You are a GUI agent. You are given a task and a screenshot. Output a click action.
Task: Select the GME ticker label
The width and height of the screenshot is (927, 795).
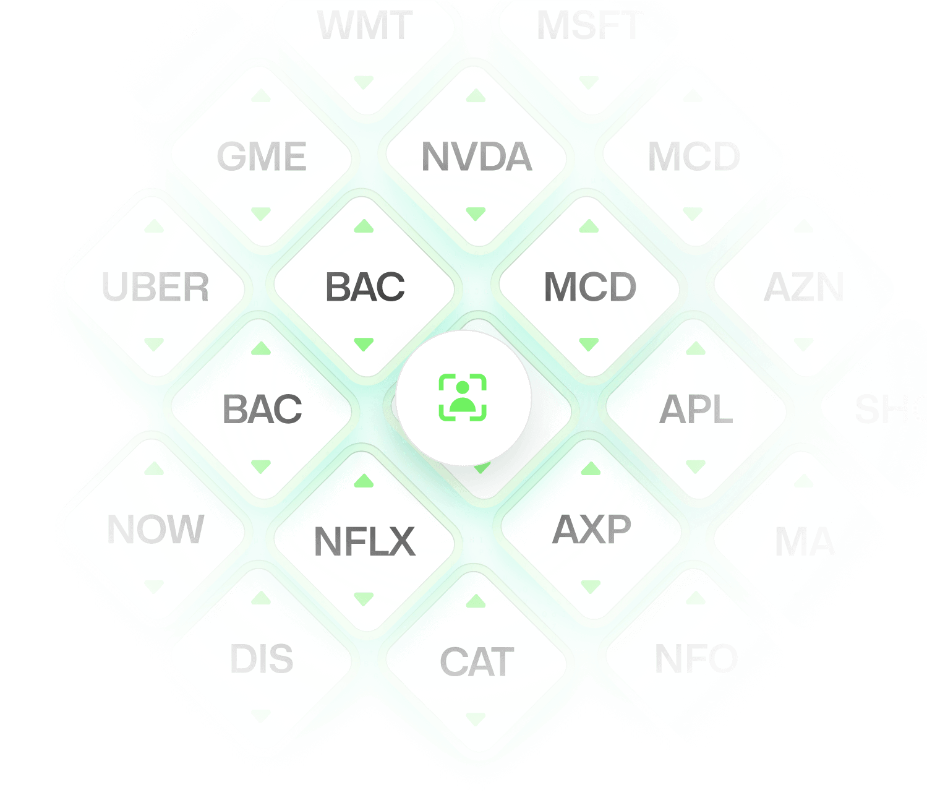click(262, 157)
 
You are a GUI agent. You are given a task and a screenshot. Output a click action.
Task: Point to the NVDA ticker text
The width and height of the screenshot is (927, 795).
click(476, 157)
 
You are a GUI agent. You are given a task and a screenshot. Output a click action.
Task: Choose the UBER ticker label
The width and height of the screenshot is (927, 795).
click(155, 288)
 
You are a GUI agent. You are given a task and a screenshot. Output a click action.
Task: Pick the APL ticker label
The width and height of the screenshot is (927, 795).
click(696, 410)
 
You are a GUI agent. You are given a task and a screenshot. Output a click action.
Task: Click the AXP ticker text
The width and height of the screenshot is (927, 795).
click(592, 530)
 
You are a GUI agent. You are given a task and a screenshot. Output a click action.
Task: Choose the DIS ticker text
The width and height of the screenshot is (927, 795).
click(262, 659)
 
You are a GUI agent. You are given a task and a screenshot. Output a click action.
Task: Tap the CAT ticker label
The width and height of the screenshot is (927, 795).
click(476, 662)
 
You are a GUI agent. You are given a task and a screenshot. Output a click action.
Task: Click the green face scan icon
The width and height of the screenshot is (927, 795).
click(463, 397)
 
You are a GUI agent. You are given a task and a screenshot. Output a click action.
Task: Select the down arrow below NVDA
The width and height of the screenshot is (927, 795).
click(476, 214)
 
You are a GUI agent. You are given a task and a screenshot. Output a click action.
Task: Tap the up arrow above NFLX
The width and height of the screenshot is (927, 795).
click(364, 480)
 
